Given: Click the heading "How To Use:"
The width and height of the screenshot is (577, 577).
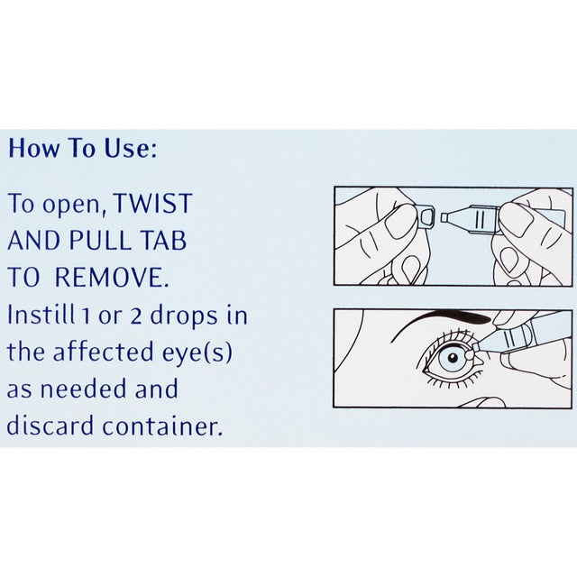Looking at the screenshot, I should pyautogui.click(x=82, y=149).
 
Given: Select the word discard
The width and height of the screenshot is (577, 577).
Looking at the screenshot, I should pyautogui.click(x=48, y=426).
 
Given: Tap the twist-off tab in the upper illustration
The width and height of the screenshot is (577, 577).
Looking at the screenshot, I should pyautogui.click(x=425, y=217).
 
